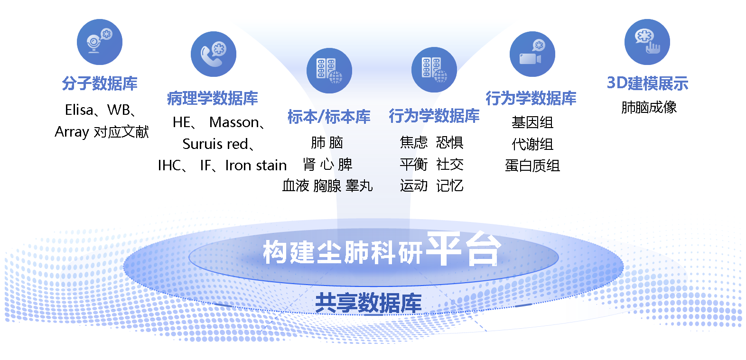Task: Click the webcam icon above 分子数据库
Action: click(100, 42)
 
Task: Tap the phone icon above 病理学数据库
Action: click(214, 54)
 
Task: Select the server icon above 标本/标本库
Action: click(329, 71)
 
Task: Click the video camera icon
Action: click(532, 54)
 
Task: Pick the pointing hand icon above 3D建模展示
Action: click(647, 42)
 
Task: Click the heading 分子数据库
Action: click(100, 83)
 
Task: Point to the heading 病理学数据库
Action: click(213, 98)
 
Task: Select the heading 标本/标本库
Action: click(329, 117)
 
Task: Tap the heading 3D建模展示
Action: click(647, 83)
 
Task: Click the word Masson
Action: click(234, 122)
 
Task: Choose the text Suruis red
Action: click(215, 144)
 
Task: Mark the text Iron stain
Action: click(256, 166)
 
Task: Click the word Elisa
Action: click(79, 110)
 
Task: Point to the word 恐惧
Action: click(449, 143)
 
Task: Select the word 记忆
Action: click(449, 185)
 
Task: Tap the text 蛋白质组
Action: click(532, 166)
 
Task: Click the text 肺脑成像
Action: click(649, 108)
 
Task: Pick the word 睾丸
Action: click(359, 185)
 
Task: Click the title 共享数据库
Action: click(368, 303)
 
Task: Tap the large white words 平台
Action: click(464, 249)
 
